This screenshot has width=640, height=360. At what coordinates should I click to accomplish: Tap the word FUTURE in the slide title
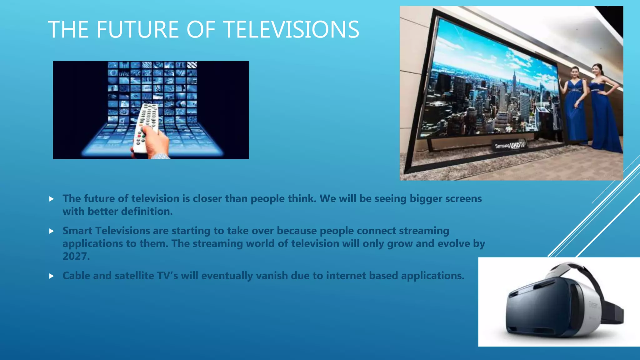(x=138, y=29)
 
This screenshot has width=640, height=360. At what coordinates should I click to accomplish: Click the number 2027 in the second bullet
(x=76, y=256)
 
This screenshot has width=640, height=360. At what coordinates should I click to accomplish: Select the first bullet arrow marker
(x=52, y=199)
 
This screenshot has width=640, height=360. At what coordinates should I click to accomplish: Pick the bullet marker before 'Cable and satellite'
(x=52, y=276)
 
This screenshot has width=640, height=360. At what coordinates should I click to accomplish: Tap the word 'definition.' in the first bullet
(x=147, y=212)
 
